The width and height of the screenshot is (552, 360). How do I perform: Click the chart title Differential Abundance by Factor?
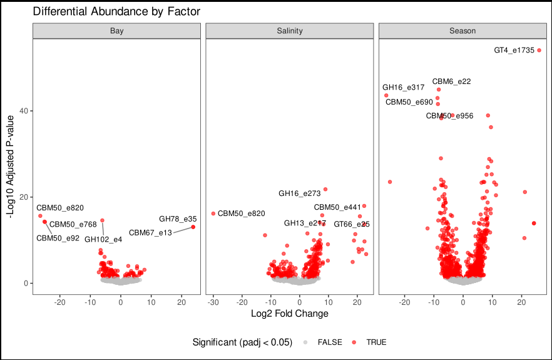(116, 12)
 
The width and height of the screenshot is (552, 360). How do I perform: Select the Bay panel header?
(116, 31)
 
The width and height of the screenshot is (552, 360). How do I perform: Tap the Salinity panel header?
(290, 31)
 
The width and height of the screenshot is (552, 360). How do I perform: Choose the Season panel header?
(463, 31)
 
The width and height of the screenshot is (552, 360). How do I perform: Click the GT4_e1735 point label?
(514, 51)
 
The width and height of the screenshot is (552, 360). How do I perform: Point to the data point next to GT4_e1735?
(539, 50)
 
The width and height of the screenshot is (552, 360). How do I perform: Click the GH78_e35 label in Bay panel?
(178, 219)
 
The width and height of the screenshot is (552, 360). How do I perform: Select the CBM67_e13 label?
(150, 233)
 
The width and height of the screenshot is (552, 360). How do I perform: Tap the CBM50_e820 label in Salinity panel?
(241, 213)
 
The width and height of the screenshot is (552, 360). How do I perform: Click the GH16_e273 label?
(299, 193)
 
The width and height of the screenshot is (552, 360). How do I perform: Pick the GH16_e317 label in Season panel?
(403, 88)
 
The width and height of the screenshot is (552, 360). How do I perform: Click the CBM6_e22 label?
(451, 81)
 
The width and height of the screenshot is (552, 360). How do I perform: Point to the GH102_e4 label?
(103, 239)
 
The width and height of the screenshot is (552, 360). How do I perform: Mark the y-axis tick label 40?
(23, 111)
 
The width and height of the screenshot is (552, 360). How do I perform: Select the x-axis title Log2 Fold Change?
(289, 313)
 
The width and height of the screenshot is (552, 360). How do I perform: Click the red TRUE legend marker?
(354, 342)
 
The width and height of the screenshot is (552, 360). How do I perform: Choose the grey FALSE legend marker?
(305, 342)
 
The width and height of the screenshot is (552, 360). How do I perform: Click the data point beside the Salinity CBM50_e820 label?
(213, 213)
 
